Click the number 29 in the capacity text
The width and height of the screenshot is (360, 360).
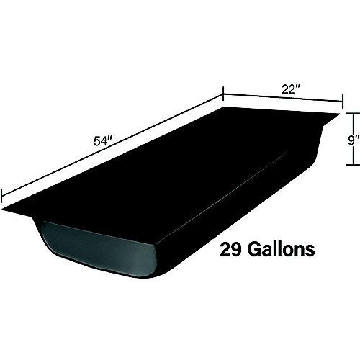click(x=233, y=250)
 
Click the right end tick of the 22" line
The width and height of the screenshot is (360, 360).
click(x=341, y=106)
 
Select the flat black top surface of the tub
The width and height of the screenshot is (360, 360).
click(x=173, y=166)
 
